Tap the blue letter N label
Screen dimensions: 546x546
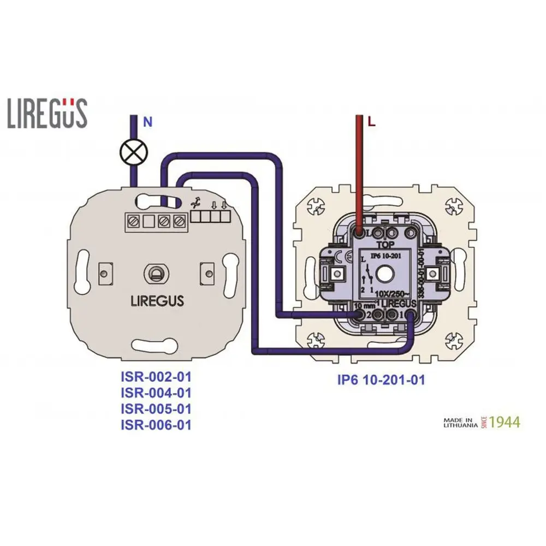coord(147,122)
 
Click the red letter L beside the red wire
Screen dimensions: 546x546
coord(372,123)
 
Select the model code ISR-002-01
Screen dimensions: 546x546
coord(156,377)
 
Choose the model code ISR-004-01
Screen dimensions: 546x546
coord(156,393)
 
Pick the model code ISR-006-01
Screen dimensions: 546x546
coord(156,424)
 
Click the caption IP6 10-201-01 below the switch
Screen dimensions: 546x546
coord(381,379)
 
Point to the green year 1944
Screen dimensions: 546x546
coord(505,422)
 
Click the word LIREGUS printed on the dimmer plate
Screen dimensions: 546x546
coord(157,300)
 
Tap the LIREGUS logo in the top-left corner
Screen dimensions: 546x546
coord(48,113)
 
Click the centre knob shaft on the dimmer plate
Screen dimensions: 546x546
coord(156,272)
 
